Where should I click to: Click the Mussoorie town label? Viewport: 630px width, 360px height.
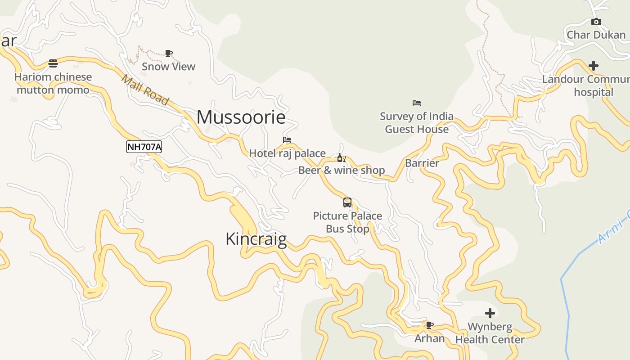pos(241,117)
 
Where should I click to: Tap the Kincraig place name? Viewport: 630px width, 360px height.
pos(256,239)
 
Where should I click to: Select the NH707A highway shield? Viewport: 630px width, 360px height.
pos(144,147)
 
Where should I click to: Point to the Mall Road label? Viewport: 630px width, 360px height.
pos(145,90)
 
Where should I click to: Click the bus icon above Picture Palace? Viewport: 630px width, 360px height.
pos(347,202)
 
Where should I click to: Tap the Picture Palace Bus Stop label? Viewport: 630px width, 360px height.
pos(347,222)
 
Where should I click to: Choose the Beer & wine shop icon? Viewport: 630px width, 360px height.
pos(342,158)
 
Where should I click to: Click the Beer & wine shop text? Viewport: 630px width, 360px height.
pos(342,170)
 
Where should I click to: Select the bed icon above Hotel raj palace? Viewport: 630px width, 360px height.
pos(287,140)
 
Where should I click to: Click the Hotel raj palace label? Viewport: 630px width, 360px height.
pos(287,153)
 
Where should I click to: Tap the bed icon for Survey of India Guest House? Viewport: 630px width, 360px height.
pos(417,103)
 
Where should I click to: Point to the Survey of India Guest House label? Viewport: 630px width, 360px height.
pos(417,123)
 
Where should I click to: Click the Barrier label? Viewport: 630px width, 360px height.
pos(422,163)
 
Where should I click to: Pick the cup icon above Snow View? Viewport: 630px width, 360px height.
pos(169,53)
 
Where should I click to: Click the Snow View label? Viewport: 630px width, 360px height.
pos(169,67)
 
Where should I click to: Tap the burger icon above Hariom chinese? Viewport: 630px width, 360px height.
pos(53,63)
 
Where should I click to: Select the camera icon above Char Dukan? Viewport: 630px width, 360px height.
pos(596,22)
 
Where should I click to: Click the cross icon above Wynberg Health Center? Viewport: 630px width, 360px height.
pos(490,313)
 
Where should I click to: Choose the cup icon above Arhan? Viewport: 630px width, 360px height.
pos(430,325)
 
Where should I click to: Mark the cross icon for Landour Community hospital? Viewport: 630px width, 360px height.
pos(594,66)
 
